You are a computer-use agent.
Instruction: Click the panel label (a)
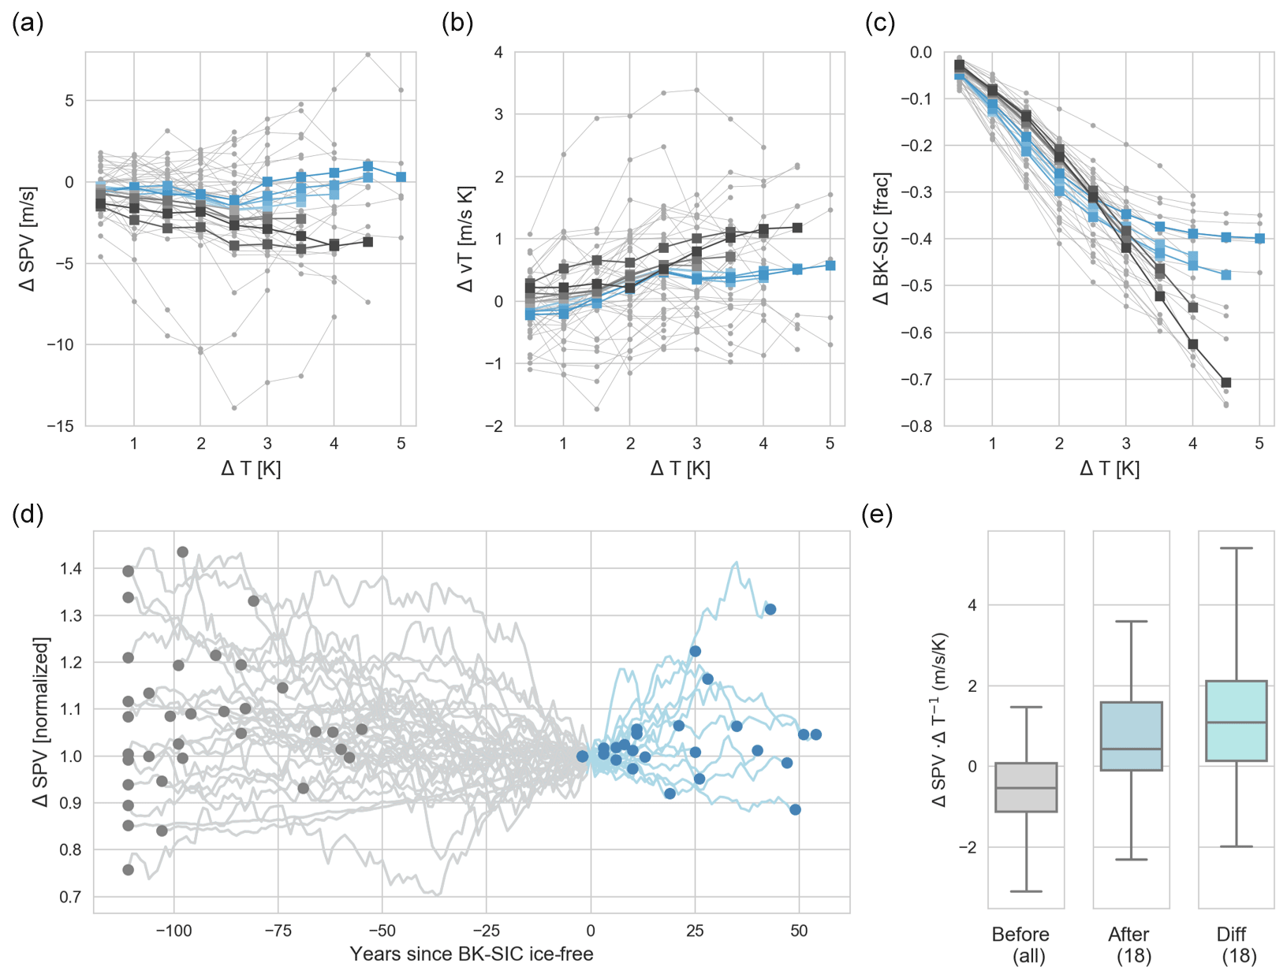pyautogui.click(x=28, y=24)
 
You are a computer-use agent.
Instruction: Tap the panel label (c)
pyautogui.click(x=880, y=24)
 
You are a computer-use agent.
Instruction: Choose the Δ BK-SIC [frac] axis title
pyautogui.click(x=882, y=239)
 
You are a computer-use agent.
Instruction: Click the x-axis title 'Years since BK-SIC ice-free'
pyautogui.click(x=472, y=954)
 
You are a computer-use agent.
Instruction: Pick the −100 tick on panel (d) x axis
pyautogui.click(x=173, y=931)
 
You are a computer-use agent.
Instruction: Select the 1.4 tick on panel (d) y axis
pyautogui.click(x=71, y=569)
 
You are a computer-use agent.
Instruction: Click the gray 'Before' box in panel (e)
pyautogui.click(x=1026, y=787)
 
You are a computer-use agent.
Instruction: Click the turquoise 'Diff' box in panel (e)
pyautogui.click(x=1237, y=721)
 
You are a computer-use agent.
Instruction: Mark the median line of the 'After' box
pyautogui.click(x=1132, y=749)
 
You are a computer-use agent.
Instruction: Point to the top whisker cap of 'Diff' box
pyautogui.click(x=1237, y=548)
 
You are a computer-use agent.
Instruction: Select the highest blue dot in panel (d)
pyautogui.click(x=770, y=609)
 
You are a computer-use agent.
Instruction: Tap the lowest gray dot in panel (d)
pyautogui.click(x=129, y=870)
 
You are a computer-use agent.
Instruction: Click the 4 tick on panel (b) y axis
pyautogui.click(x=498, y=53)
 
